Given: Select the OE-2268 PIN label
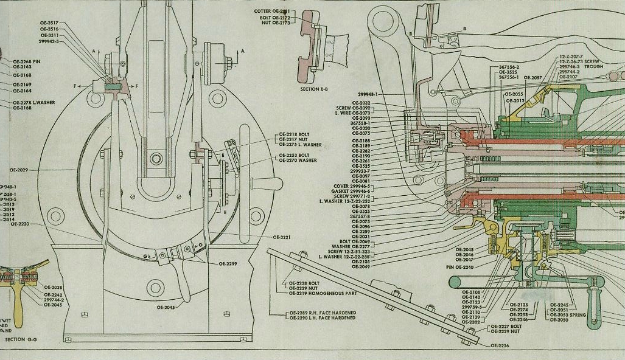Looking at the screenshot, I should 27,61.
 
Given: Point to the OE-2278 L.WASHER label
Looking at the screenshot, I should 34,103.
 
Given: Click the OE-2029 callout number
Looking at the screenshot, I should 19,170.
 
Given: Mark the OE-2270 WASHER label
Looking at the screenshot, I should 298,161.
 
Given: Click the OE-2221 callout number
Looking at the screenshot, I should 282,237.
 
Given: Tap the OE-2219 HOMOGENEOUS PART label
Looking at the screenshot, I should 322,293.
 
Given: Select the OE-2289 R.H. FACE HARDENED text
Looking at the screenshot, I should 321,313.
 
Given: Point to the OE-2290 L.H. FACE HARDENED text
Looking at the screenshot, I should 321,318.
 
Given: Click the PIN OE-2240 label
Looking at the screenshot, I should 459,267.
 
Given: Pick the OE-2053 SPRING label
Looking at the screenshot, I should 568,314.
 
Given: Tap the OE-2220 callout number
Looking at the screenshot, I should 19,224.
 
